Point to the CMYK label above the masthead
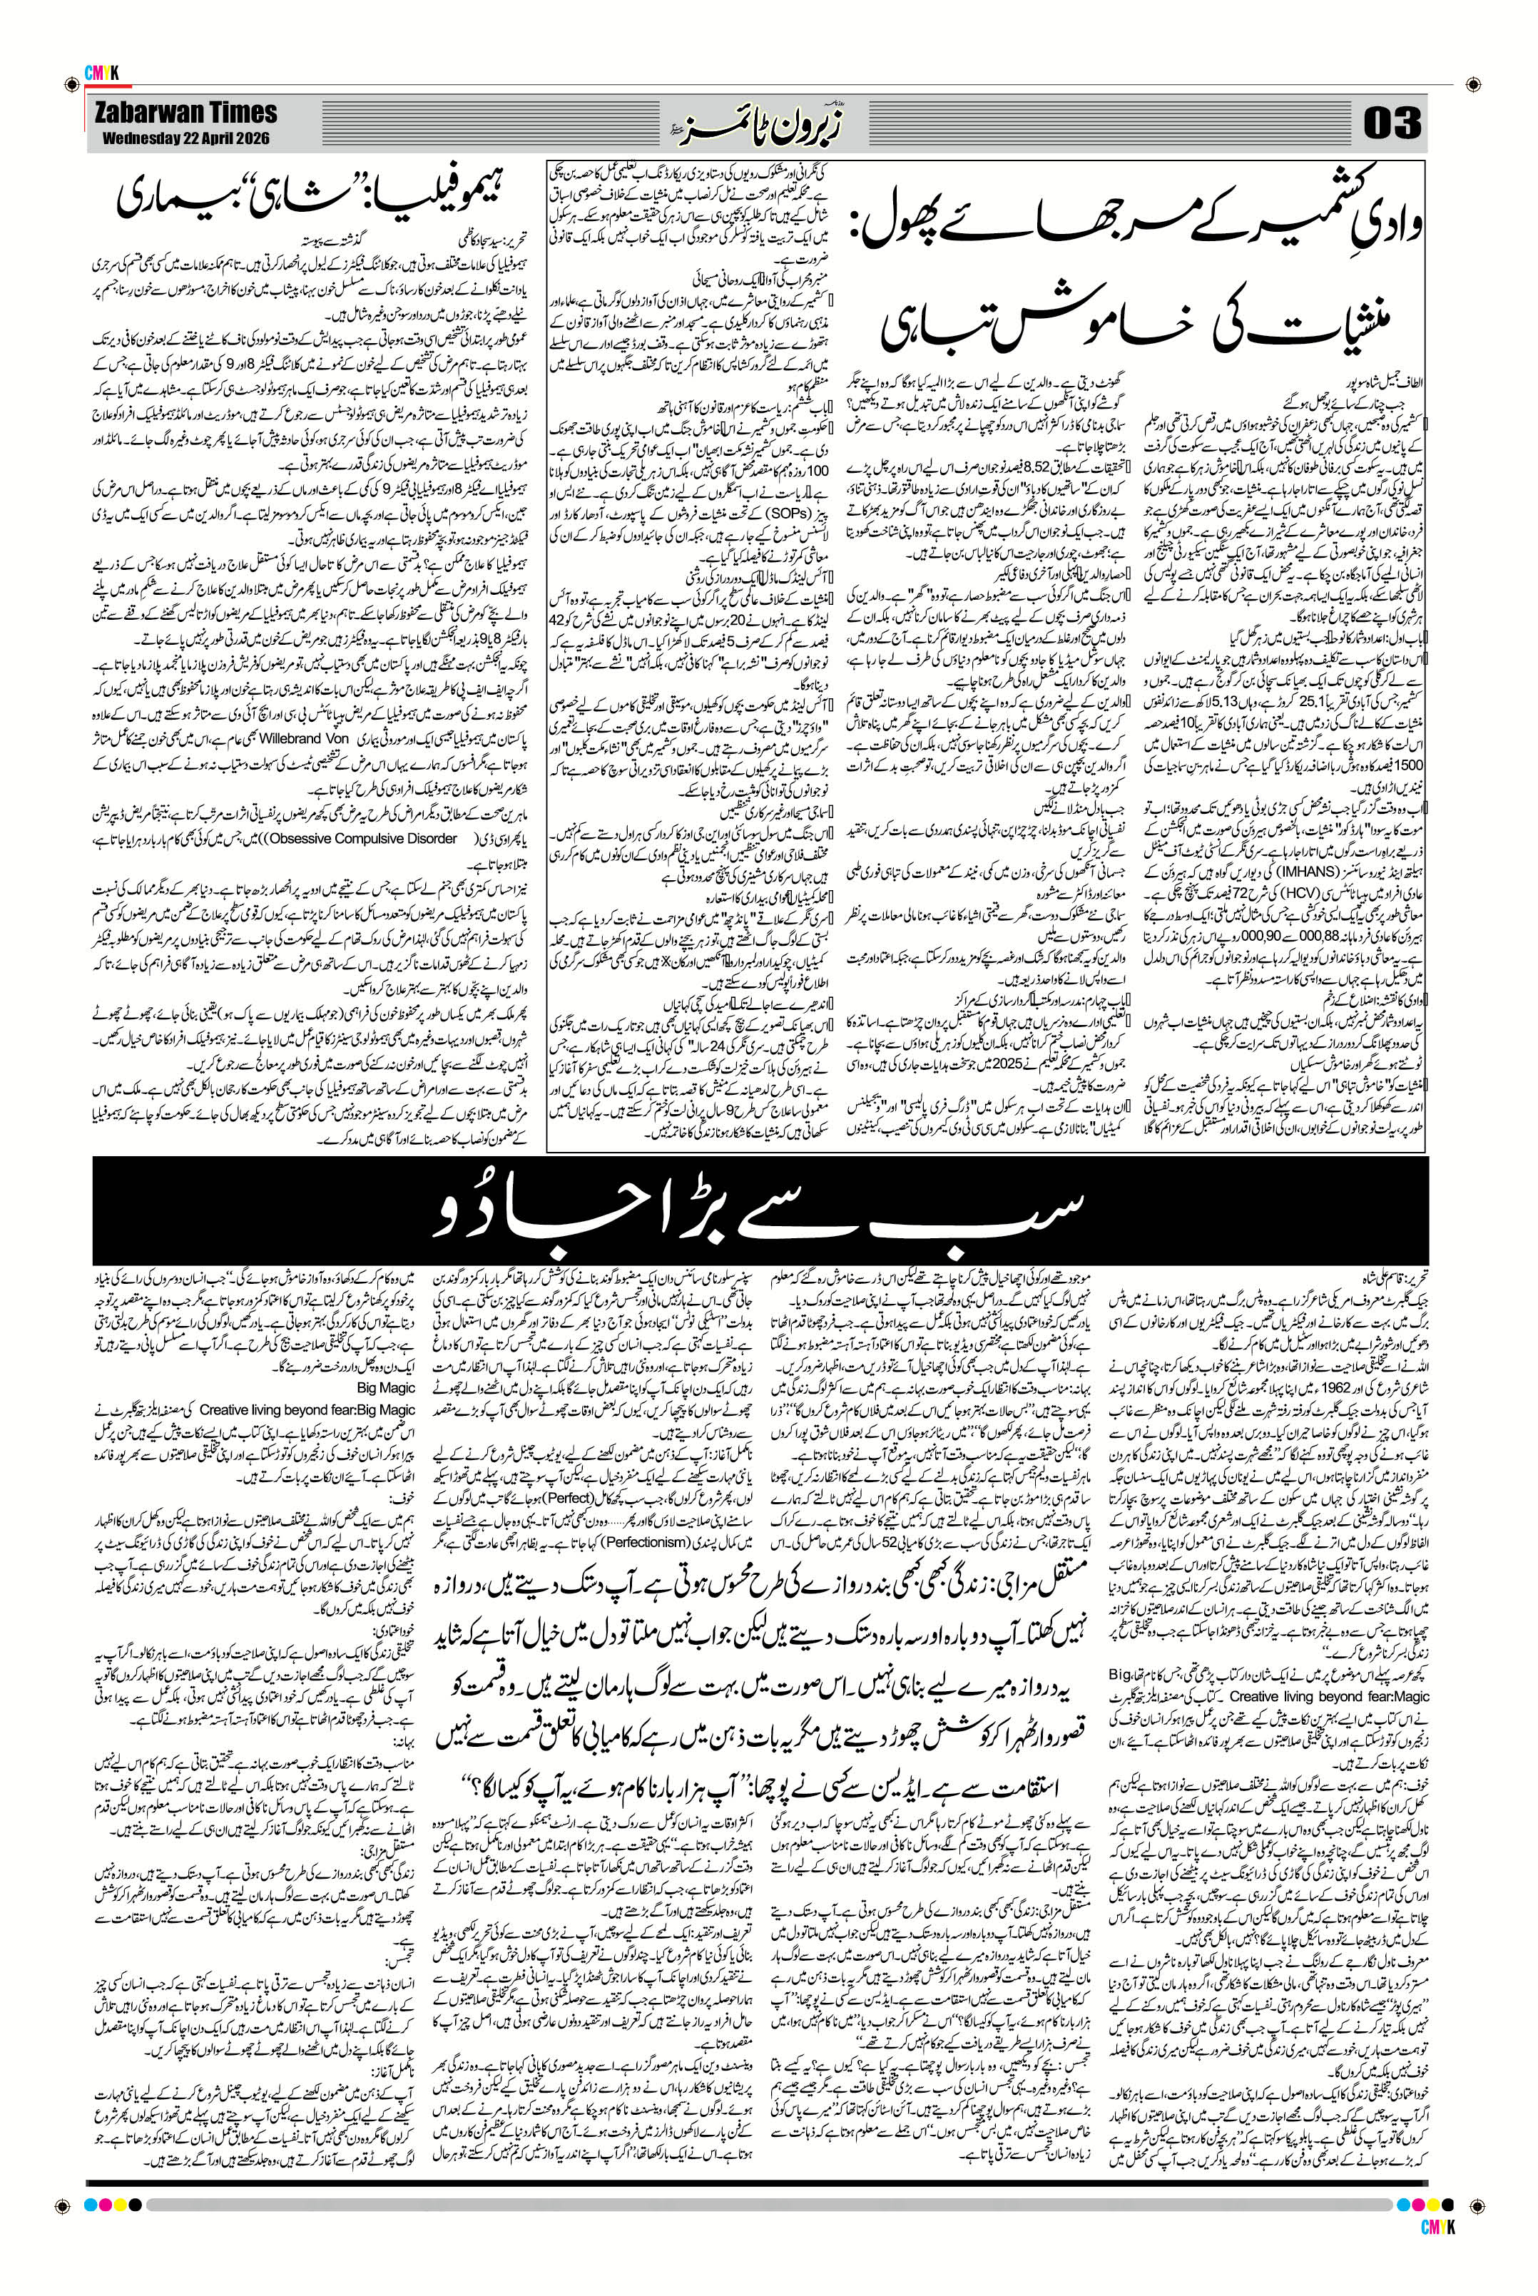[101, 73]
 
